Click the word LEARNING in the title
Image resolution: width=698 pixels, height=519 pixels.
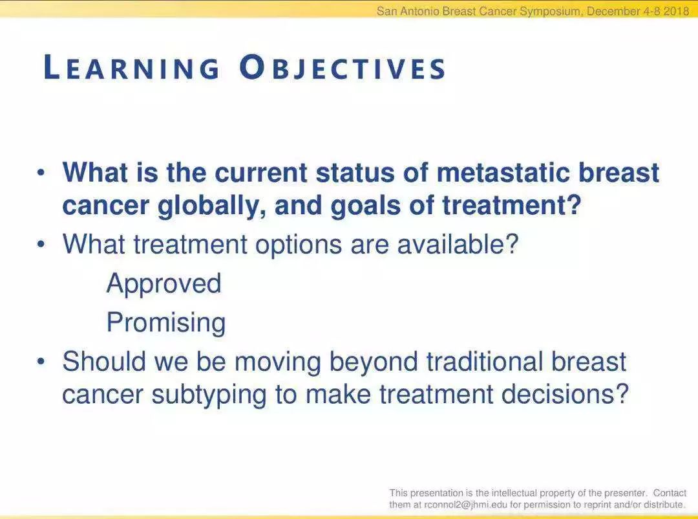[132, 68]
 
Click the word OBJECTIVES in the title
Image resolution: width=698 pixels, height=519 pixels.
[343, 68]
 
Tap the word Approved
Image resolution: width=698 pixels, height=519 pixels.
[164, 284]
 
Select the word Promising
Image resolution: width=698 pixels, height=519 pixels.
[166, 322]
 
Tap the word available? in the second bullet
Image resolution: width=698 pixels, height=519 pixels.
[458, 244]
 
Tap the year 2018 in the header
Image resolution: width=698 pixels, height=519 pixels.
[676, 11]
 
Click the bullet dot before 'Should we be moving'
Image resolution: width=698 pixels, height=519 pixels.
[41, 362]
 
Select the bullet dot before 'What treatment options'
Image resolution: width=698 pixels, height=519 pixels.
[41, 245]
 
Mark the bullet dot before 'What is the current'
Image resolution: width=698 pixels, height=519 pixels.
[41, 173]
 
